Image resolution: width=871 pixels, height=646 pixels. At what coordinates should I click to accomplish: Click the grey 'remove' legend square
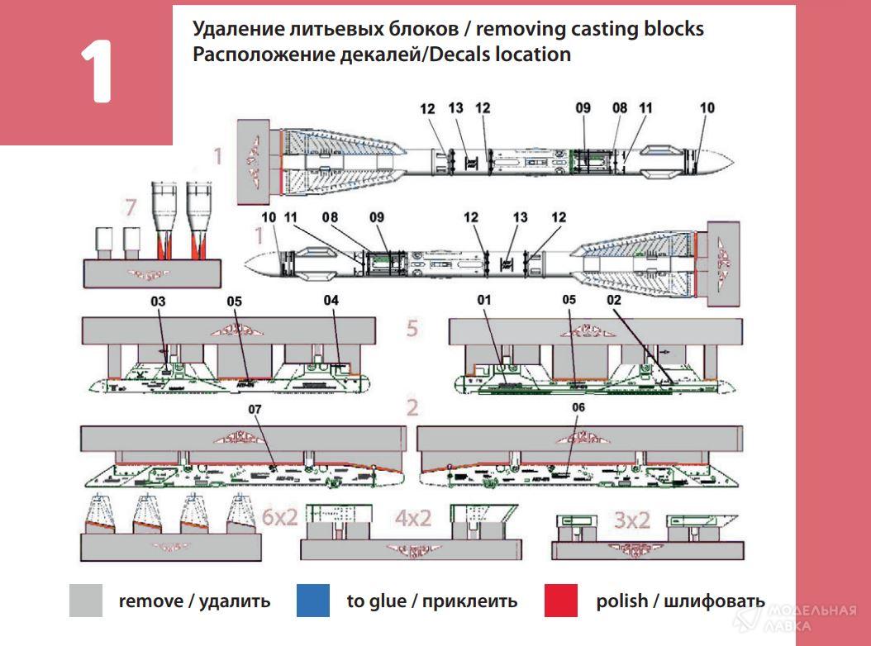pos(86,601)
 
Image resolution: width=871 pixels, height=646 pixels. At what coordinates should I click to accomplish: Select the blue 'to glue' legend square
pos(312,601)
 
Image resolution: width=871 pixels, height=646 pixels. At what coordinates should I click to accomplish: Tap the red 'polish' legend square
pos(561,601)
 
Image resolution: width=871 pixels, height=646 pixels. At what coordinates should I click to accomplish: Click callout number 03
pos(158,302)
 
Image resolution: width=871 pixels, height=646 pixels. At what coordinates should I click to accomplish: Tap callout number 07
pos(254,408)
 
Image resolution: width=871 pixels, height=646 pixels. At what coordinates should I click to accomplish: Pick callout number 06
pos(578,408)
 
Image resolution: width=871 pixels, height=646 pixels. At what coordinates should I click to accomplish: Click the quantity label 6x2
pos(279,518)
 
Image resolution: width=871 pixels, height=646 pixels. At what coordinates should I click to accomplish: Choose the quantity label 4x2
pos(413,518)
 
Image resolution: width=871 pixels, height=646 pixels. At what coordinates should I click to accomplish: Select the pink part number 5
pos(412,329)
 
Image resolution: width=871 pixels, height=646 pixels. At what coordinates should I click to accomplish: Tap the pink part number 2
pos(412,408)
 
